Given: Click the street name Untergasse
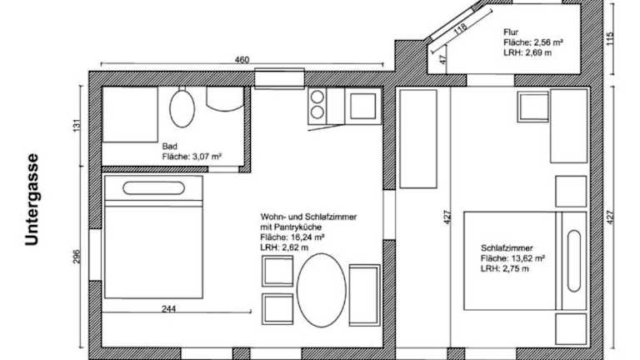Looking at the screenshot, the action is pos(32,200).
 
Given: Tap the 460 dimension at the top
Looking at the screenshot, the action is pos(242,60).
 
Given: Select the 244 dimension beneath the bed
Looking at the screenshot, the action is pos(168,309).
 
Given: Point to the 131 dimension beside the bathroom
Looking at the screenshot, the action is pos(77,125).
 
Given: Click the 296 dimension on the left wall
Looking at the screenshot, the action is pos(77,257).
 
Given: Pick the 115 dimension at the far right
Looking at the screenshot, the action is pos(610,39).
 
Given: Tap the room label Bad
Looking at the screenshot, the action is pos(170,146).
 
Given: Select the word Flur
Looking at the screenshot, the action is pos(511,32).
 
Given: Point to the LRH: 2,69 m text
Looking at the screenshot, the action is pos(527,52).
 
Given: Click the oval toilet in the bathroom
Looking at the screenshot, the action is pos(182,108).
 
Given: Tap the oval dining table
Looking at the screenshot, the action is pos(321,290).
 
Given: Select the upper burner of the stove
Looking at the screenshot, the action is pos(317,97).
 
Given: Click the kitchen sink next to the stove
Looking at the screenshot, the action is pos(362,106).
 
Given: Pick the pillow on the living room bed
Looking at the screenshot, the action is pos(153,188).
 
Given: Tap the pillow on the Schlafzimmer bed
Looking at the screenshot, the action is pos(574,261).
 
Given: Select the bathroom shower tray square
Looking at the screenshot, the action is pos(130,114).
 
